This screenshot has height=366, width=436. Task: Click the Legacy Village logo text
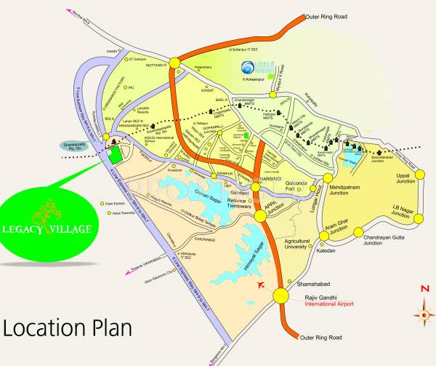56,228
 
